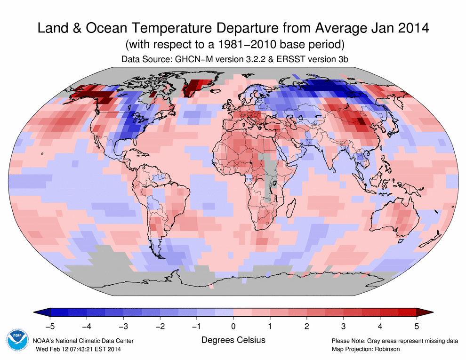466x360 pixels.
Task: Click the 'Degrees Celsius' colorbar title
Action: (x=233, y=339)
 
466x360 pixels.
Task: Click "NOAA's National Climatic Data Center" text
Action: (x=83, y=341)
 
